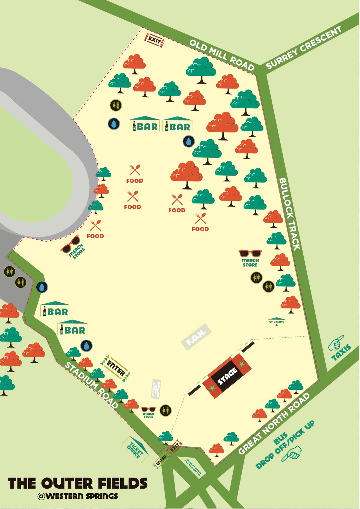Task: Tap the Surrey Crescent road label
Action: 304,48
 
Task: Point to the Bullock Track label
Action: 289,213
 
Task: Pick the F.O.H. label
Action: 196,337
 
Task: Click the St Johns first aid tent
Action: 277,322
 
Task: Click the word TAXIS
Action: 341,353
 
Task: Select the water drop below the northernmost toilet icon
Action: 114,124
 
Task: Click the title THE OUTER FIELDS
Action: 77,483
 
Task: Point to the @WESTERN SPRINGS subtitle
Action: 78,496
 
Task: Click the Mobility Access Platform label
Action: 156,389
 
